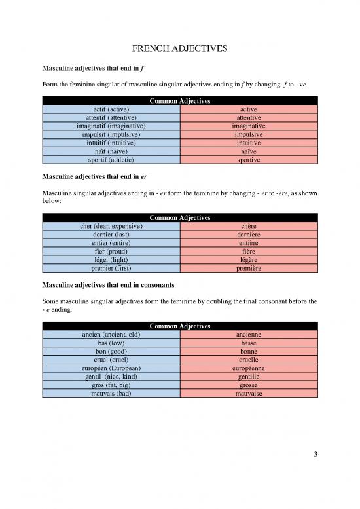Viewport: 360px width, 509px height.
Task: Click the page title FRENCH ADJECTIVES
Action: (180, 48)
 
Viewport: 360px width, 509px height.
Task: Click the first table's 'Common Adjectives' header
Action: (180, 100)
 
